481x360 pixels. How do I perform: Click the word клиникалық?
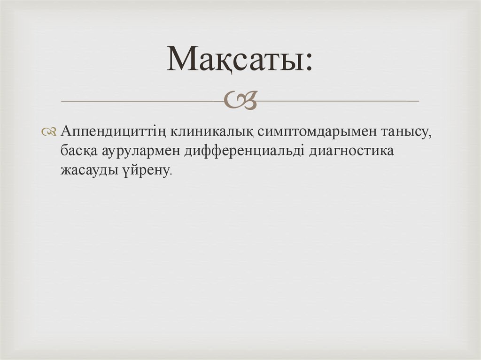206,132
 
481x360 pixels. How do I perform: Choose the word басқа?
78,152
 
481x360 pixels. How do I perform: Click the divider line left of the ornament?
141,101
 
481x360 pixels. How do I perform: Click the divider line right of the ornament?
338,101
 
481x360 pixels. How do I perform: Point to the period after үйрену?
171,174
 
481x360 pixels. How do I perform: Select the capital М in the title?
183,60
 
